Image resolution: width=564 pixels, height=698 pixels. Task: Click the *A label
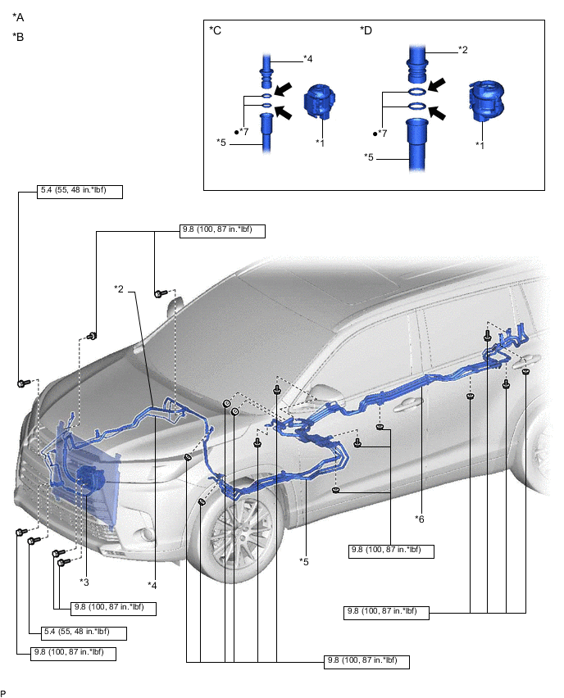click(18, 17)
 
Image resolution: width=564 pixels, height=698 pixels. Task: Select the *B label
click(18, 37)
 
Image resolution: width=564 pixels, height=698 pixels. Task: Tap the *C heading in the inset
click(216, 31)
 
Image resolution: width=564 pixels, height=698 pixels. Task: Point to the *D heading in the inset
click(366, 31)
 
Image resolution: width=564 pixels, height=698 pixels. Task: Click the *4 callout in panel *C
click(308, 58)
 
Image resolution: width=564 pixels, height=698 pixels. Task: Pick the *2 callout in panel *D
click(462, 51)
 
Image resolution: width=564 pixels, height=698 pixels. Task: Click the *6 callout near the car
click(419, 519)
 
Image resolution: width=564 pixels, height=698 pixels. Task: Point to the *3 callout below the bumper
click(84, 582)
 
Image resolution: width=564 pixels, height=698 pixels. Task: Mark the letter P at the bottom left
click(4, 692)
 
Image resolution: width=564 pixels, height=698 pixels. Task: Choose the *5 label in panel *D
click(369, 156)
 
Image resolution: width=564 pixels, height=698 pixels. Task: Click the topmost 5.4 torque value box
click(80, 193)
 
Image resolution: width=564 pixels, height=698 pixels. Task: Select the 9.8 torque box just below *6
click(390, 551)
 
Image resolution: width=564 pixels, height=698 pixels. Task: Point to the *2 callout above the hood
click(119, 288)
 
